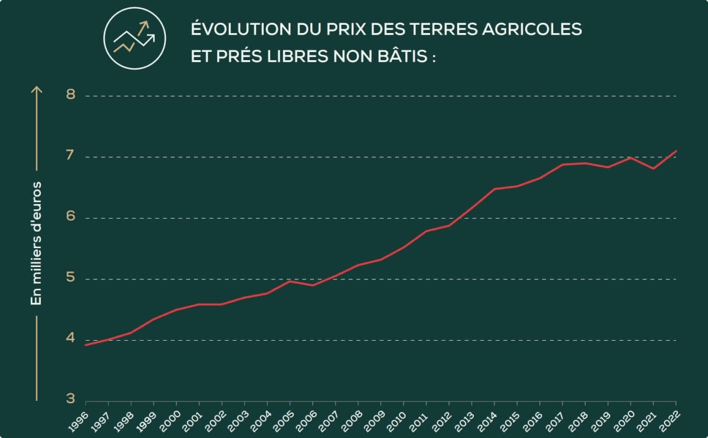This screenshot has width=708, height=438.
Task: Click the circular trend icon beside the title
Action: [x=135, y=38]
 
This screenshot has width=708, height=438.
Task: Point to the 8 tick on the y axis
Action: [x=71, y=95]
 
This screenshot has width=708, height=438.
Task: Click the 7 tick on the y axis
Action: [x=71, y=156]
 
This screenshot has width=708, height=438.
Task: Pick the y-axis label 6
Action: [x=71, y=217]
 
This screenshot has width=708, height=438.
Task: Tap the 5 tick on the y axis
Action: [x=71, y=278]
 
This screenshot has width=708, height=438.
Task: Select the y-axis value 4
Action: [x=71, y=339]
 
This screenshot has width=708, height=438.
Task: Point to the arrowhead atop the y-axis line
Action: [x=37, y=89]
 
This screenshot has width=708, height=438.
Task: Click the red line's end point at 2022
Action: [x=676, y=151]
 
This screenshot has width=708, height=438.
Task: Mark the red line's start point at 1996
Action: [x=86, y=345]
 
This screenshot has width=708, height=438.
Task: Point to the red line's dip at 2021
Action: [x=653, y=169]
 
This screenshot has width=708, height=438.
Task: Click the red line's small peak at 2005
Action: [x=290, y=281]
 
